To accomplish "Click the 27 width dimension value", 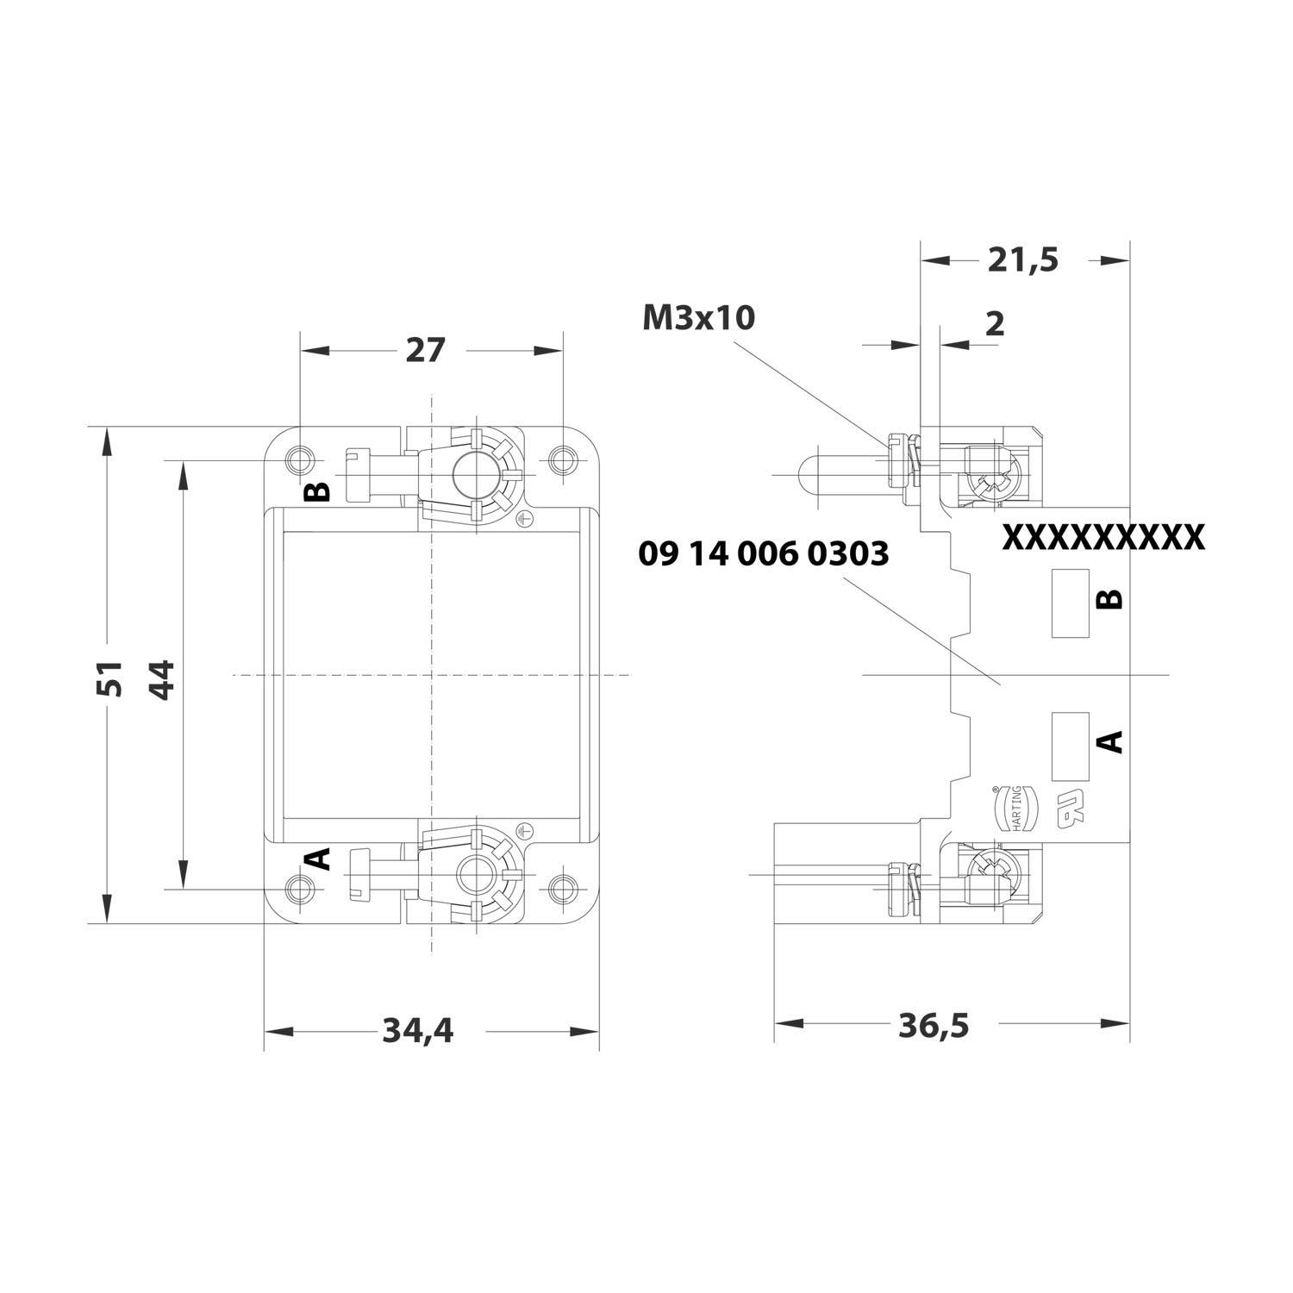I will [425, 351].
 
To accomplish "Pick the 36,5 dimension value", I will [934, 1025].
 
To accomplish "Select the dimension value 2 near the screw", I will [994, 324].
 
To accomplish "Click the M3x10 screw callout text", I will [698, 318].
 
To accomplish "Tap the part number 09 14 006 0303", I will [763, 554].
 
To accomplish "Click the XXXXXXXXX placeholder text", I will [1102, 537].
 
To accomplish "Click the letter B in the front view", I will [318, 491].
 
